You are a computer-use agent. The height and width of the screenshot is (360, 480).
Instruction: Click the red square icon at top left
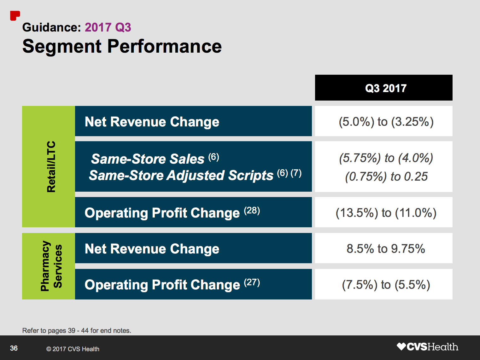pos(15,15)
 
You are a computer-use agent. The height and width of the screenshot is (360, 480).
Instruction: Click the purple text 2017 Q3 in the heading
pos(108,27)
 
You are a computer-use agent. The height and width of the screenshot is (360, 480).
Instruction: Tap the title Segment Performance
pos(122,46)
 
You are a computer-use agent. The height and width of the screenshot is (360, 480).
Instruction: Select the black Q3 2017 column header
pos(383,88)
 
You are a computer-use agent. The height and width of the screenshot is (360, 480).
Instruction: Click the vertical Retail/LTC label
pos(51,166)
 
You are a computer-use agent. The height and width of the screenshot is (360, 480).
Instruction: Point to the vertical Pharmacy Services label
pos(51,266)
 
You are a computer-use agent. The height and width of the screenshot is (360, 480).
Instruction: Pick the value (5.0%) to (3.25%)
pos(386,122)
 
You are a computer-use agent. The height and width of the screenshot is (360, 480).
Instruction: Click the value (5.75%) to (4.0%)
pos(386,158)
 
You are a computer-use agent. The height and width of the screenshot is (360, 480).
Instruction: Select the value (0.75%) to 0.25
pos(386,177)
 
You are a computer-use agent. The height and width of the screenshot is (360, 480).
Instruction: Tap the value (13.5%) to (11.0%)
pos(386,213)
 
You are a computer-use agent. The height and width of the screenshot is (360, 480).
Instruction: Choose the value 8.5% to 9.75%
pos(386,249)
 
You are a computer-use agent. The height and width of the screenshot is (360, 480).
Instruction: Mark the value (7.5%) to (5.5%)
pos(386,285)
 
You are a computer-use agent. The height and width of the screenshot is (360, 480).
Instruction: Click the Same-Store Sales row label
pos(148,159)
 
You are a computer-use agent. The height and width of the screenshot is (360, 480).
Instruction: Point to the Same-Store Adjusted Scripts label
pos(181,175)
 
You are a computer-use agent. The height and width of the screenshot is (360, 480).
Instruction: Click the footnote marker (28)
pos(252,210)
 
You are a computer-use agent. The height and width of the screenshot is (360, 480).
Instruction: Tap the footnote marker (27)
pos(252,282)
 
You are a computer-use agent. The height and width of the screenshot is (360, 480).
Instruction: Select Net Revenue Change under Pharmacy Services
pos(152,249)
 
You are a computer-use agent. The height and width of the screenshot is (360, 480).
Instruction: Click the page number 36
pos(14,348)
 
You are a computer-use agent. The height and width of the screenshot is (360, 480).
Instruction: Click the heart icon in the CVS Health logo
pos(401,347)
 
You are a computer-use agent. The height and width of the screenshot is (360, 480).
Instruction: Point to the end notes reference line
pos(77,330)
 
